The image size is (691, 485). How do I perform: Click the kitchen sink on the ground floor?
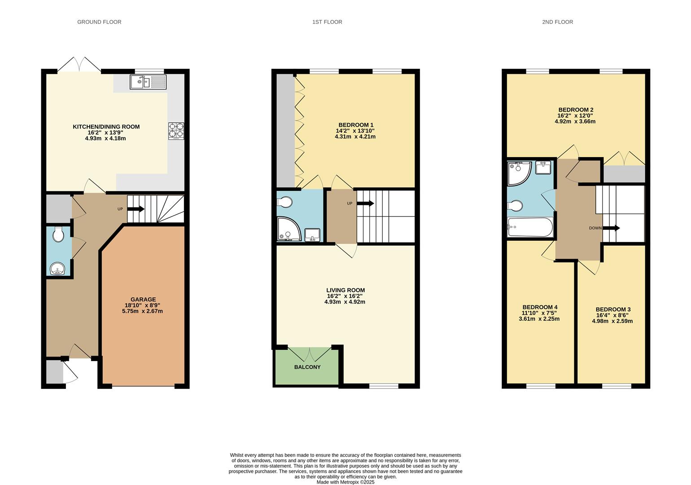pyautogui.click(x=148, y=82)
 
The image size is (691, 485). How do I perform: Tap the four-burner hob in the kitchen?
pyautogui.click(x=176, y=131)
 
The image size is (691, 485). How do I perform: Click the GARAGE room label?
pyautogui.click(x=143, y=300)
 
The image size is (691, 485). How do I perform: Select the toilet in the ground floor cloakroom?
pyautogui.click(x=58, y=235)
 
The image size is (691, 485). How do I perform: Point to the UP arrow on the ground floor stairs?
pyautogui.click(x=136, y=209)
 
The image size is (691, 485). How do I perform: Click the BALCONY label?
pyautogui.click(x=307, y=367)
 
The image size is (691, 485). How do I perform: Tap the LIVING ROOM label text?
pyautogui.click(x=345, y=290)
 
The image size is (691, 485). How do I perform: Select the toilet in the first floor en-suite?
pyautogui.click(x=285, y=202)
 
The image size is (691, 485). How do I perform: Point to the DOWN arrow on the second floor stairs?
pyautogui.click(x=611, y=228)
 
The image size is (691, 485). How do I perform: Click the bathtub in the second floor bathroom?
pyautogui.click(x=530, y=227)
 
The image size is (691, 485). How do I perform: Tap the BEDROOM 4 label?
pyautogui.click(x=539, y=307)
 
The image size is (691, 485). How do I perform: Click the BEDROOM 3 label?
pyautogui.click(x=613, y=309)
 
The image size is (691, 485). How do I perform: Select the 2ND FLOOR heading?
pyautogui.click(x=557, y=22)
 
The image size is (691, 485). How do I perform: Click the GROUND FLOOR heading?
pyautogui.click(x=99, y=22)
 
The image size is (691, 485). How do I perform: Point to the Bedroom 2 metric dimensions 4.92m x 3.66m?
pyautogui.click(x=575, y=121)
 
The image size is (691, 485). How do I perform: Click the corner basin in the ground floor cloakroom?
pyautogui.click(x=58, y=269)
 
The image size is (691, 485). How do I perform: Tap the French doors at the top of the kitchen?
pyautogui.click(x=79, y=65)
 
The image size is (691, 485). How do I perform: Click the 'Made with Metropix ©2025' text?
pyautogui.click(x=345, y=482)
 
